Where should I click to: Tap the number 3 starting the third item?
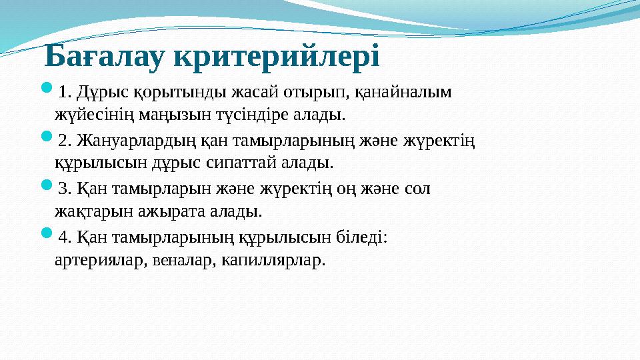click(64, 189)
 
